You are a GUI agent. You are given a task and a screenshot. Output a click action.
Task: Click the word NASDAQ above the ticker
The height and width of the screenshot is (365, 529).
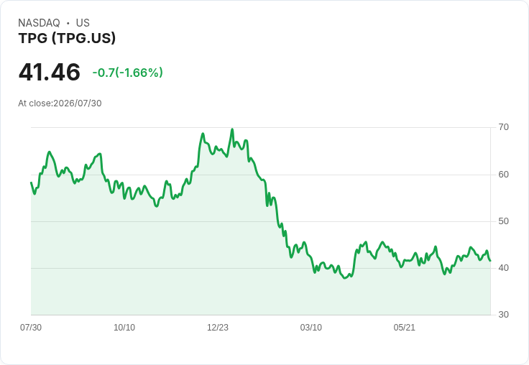(39, 22)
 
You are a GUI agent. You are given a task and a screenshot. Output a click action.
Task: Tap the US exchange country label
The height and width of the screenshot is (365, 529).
(83, 22)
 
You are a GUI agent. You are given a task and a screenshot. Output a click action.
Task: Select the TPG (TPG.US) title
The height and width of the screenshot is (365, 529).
(67, 38)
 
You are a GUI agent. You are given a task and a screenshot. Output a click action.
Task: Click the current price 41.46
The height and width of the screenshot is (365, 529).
(50, 72)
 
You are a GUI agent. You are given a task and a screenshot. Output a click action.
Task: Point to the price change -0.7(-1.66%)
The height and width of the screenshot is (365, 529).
(127, 73)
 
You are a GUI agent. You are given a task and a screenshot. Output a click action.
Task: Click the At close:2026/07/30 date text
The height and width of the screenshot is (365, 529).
(60, 103)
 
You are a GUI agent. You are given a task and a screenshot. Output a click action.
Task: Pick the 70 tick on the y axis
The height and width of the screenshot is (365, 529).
(503, 127)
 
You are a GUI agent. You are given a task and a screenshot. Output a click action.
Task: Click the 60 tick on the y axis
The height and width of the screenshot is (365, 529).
(503, 175)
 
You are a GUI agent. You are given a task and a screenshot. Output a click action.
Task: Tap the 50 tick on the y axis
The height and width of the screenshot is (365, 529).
(503, 221)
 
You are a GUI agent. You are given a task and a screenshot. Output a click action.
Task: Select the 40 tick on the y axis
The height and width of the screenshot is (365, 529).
(503, 268)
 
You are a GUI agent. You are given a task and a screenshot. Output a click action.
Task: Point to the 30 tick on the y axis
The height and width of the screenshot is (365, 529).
(503, 315)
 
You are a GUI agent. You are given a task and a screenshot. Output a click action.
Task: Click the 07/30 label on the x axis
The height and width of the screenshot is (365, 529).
(31, 327)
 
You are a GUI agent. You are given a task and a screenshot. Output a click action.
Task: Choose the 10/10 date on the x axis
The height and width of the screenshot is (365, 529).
(124, 327)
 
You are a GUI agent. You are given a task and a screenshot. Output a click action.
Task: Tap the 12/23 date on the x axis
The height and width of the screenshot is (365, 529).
(218, 327)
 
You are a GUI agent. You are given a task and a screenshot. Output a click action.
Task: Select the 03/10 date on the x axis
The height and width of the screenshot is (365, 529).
(311, 327)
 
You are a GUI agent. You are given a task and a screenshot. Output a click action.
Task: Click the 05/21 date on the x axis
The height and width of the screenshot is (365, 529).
(404, 327)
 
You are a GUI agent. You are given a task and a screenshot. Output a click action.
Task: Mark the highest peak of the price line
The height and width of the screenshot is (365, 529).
(232, 129)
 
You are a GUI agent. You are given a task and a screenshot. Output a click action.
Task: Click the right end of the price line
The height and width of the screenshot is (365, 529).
(490, 260)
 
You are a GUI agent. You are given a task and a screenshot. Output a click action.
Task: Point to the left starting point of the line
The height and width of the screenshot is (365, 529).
(31, 182)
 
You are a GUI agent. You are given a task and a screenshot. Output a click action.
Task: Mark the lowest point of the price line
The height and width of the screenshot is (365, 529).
(345, 278)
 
